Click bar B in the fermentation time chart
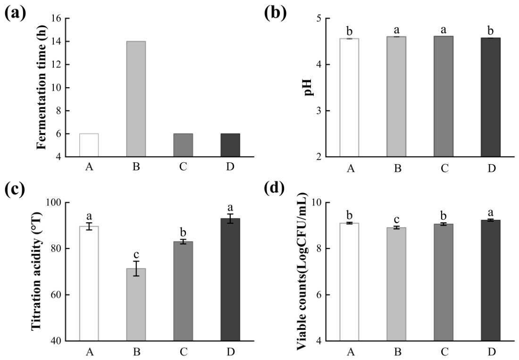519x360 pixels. point(136,99)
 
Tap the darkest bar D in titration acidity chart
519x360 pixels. point(230,280)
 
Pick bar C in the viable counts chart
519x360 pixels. point(444,283)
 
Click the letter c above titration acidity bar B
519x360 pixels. point(136,255)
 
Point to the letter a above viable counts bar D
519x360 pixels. point(491,212)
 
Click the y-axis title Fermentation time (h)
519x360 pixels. point(42,88)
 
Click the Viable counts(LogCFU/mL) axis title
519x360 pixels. point(301,271)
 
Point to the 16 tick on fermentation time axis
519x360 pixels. point(57,18)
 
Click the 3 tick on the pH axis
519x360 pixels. point(318,110)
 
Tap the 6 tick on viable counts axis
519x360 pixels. point(318,295)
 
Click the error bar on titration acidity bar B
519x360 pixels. point(136,268)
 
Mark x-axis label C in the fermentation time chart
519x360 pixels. point(183,167)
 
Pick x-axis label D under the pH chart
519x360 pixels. point(491,168)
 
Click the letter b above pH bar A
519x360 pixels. point(350,32)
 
